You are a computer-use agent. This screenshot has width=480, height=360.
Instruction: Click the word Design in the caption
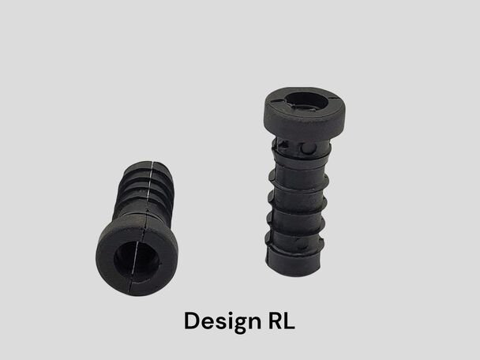[223, 322]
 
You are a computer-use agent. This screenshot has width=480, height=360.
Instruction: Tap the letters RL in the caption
[282, 321]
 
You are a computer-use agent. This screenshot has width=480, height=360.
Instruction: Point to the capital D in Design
[192, 321]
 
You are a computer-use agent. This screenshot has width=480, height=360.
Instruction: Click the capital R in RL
[276, 321]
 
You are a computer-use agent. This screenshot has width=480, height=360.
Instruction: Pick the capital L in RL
[290, 321]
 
